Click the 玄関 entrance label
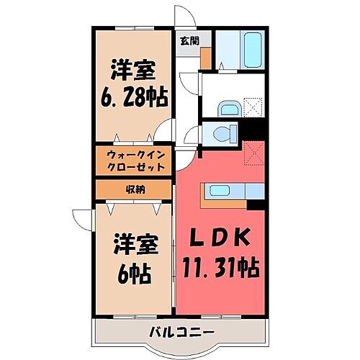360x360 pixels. point(189,40)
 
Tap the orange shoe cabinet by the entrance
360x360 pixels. point(206,55)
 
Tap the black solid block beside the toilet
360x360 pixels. point(254,134)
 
